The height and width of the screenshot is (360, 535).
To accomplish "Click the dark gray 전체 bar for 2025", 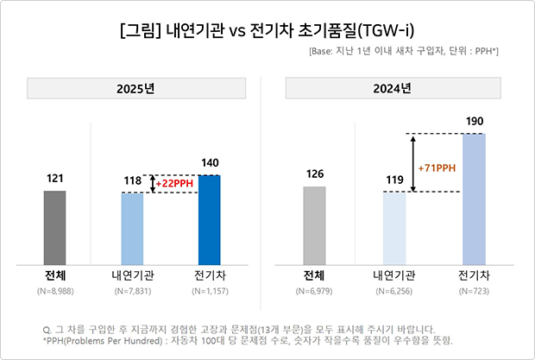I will [54, 228].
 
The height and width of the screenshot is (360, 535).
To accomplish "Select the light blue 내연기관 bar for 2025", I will [132, 230].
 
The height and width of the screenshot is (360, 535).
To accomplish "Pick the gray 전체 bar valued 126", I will [314, 226].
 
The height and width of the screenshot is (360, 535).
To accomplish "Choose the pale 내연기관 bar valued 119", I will [394, 229].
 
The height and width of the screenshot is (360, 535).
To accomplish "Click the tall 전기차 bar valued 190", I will [474, 199].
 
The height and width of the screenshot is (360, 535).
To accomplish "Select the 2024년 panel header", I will [395, 89].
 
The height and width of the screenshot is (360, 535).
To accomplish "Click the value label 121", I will [54, 178].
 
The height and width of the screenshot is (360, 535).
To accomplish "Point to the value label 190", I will [474, 121].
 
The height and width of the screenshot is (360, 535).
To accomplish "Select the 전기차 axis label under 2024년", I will [474, 276].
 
